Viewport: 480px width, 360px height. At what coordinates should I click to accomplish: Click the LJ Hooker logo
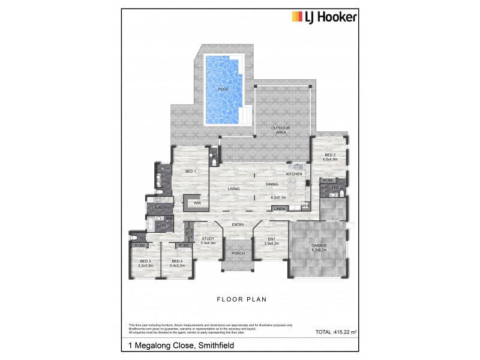pos(325,17)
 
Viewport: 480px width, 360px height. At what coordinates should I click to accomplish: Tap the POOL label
pos(223,89)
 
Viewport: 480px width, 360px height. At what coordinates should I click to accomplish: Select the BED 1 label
pos(191,172)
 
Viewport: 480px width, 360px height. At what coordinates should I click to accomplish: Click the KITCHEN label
pos(294,174)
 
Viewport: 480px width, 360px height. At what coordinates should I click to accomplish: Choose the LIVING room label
pos(234,189)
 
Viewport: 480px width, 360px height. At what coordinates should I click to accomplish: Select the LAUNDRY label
pos(161,208)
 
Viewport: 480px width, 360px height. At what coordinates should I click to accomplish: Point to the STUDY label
pos(208,239)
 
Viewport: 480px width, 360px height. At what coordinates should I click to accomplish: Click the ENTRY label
pos(238,225)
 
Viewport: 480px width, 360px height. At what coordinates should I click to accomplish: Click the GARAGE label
pos(319,246)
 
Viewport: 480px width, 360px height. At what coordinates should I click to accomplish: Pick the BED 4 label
pos(177,262)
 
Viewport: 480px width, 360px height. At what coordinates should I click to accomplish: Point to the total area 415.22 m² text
pos(336,332)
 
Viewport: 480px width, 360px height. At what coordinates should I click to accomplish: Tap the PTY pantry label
pos(305,206)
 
